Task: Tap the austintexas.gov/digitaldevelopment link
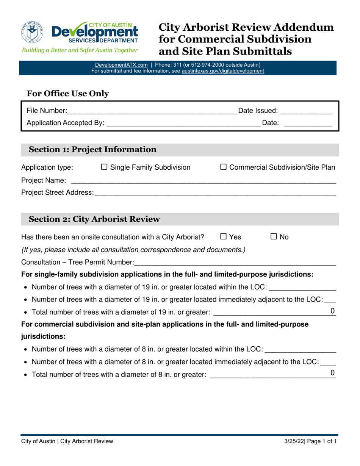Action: point(223,70)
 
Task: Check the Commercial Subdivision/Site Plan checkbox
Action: point(224,167)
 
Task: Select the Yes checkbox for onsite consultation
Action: point(224,237)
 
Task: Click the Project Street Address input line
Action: point(215,193)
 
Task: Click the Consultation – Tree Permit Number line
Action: point(235,262)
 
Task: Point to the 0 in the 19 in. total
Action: point(333,311)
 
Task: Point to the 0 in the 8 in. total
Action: point(333,373)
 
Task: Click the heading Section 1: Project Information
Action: point(93,150)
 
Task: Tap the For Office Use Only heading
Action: point(68,94)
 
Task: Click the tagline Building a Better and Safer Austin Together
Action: point(79,50)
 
